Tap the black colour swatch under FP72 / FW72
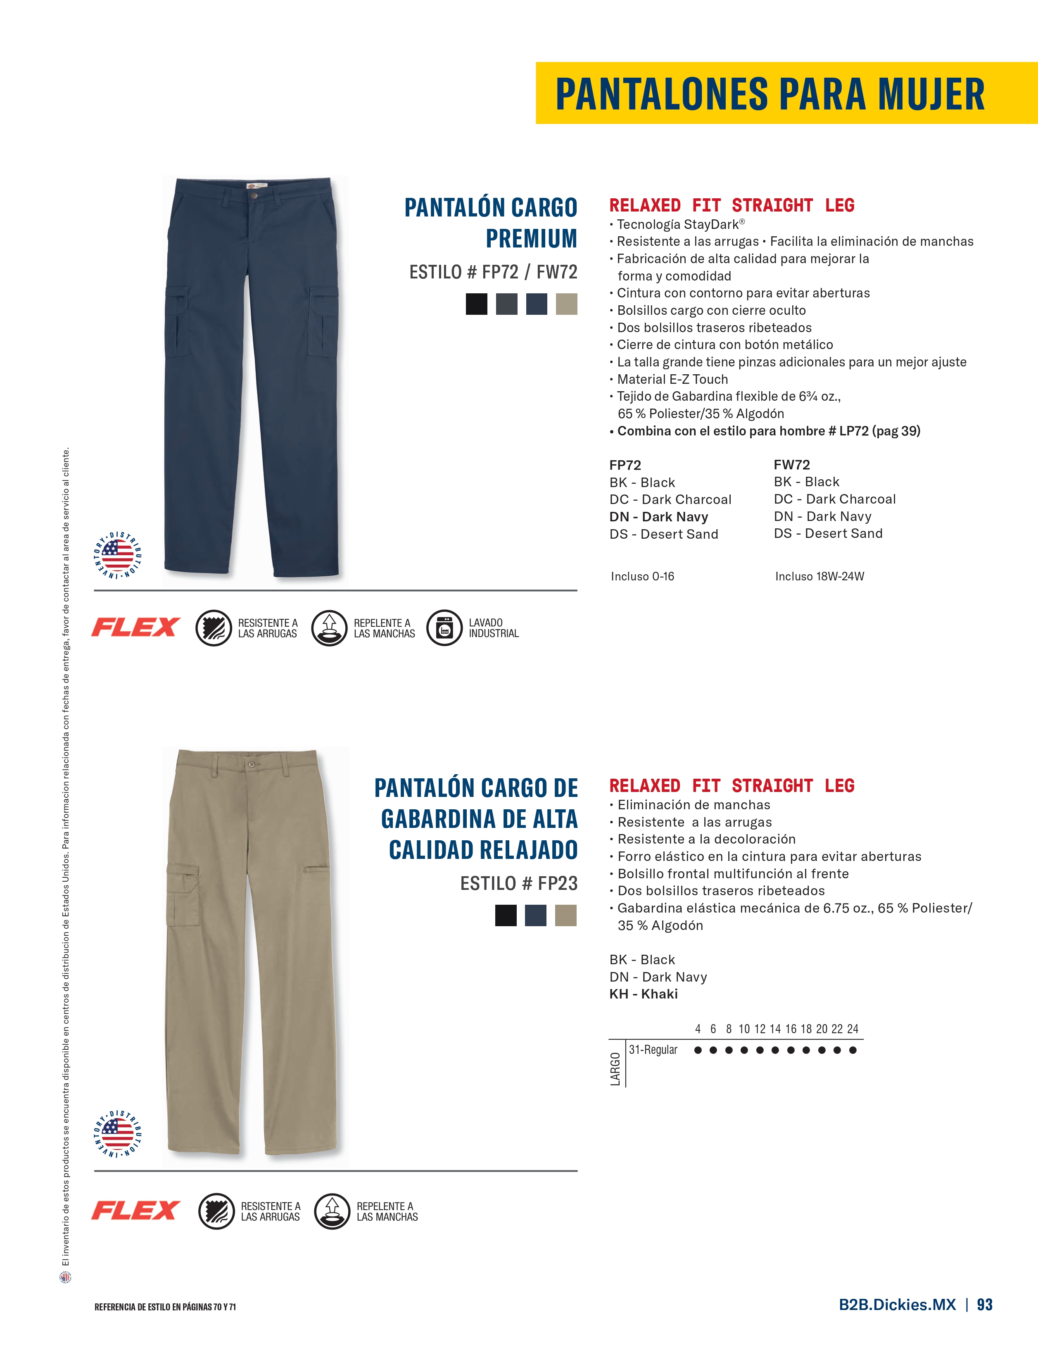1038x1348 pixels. (476, 304)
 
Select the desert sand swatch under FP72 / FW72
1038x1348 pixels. (566, 304)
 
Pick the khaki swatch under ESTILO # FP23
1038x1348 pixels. (565, 915)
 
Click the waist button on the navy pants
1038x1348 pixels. (254, 195)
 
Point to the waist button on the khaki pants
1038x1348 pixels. (251, 765)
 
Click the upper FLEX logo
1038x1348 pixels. (136, 627)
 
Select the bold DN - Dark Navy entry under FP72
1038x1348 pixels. (658, 517)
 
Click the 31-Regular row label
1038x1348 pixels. (653, 1050)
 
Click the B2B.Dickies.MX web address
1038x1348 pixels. (897, 1304)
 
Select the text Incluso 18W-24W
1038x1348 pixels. (819, 576)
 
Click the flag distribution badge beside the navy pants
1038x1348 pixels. (118, 554)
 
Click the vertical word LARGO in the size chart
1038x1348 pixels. (615, 1068)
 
